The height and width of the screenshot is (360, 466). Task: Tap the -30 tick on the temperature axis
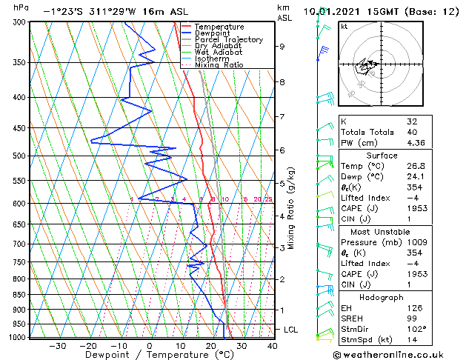[57, 345]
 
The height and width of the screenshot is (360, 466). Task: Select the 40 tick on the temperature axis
[272, 345]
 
